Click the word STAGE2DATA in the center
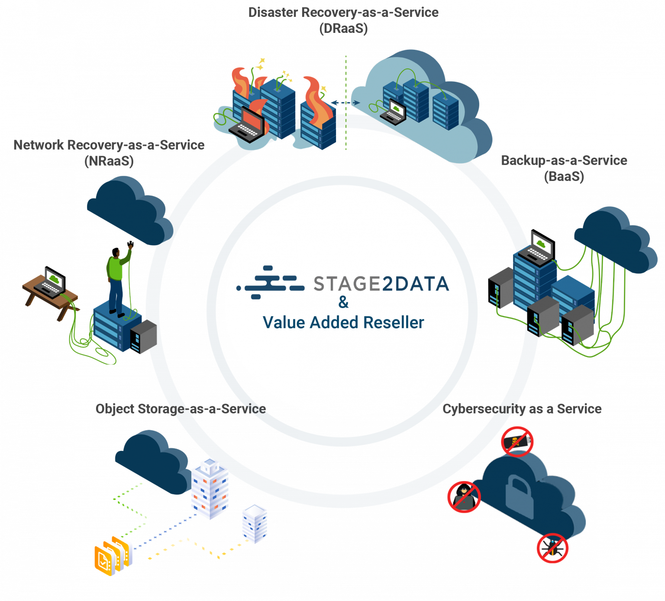click(x=381, y=284)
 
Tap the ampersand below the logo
click(x=343, y=302)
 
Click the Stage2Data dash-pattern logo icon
click(x=271, y=283)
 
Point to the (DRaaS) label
click(x=343, y=29)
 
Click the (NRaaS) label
click(x=109, y=161)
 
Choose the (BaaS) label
click(x=564, y=177)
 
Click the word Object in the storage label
click(x=115, y=409)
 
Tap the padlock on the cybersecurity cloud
click(x=519, y=492)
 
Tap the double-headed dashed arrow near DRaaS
click(x=345, y=103)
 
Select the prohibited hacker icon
click(x=464, y=497)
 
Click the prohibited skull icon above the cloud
click(x=517, y=441)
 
